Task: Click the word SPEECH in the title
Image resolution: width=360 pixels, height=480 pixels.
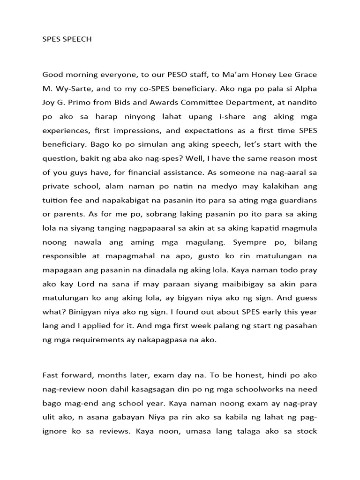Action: click(x=76, y=39)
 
